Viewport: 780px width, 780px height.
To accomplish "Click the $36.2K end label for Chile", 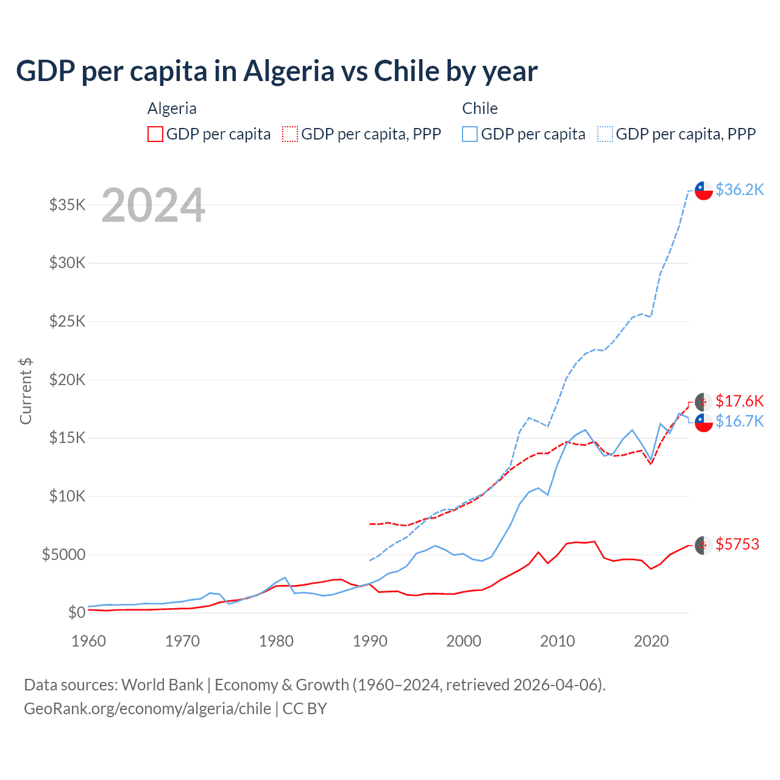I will click(x=739, y=190).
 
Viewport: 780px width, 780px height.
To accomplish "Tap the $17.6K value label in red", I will click(x=739, y=401).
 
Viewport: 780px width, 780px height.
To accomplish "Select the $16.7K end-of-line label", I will click(x=739, y=421).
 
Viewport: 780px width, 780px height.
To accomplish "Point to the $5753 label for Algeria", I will click(x=737, y=544).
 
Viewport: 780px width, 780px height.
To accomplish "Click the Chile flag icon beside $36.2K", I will click(x=704, y=190).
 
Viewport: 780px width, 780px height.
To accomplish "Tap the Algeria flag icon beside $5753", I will click(x=704, y=545).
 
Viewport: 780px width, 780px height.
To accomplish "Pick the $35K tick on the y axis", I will click(x=68, y=205).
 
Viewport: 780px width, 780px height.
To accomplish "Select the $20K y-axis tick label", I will click(x=68, y=380).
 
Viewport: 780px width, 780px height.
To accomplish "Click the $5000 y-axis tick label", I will click(x=64, y=555).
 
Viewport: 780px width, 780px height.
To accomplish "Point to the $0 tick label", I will click(x=76, y=612).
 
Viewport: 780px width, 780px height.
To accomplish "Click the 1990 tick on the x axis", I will click(x=370, y=641).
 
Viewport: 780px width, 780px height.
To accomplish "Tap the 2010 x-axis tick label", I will click(x=558, y=641).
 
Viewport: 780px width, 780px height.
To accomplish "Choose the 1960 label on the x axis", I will click(x=89, y=641).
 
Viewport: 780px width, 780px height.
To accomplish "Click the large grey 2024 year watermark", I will click(x=153, y=205).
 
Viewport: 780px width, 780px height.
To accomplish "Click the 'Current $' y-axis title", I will click(x=26, y=391).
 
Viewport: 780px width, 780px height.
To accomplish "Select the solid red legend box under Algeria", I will click(x=155, y=134).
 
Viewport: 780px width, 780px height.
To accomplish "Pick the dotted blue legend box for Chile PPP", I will click(x=605, y=134).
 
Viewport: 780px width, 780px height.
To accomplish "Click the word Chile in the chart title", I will click(x=406, y=71).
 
